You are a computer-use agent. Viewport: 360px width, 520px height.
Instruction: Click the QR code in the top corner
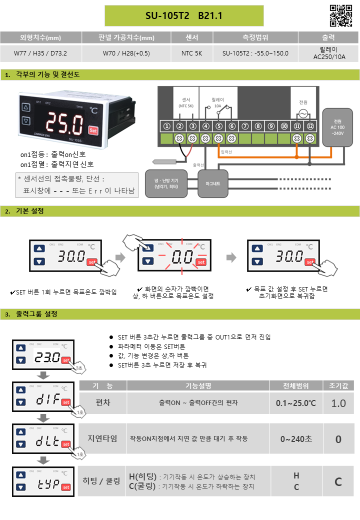341,15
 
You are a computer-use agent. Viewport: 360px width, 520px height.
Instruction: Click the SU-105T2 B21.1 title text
183,16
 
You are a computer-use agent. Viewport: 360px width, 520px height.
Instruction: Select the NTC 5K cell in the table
192,52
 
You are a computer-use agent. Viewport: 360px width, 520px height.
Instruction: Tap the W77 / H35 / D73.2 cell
40,52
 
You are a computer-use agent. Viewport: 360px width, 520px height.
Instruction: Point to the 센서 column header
192,37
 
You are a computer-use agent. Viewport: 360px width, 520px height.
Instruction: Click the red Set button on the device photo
92,130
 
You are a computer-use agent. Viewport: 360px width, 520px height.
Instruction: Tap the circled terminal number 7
245,126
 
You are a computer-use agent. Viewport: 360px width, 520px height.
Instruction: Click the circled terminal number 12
310,126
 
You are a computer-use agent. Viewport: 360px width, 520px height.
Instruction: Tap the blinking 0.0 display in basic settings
182,258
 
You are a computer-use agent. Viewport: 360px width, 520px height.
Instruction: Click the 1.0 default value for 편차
338,403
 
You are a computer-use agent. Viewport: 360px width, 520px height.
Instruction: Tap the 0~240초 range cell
296,439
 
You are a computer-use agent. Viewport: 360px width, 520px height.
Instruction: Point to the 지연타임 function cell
102,438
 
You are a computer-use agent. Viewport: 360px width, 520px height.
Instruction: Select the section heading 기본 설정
30,211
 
